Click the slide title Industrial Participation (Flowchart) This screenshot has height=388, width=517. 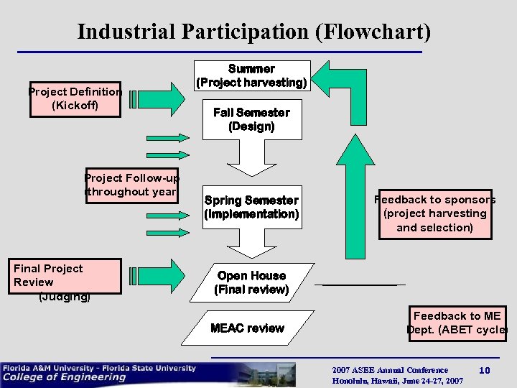point(254,32)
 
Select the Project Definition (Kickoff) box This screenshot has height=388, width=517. point(75,98)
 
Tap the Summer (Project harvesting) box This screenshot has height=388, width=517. point(251,75)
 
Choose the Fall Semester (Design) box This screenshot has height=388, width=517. point(251,119)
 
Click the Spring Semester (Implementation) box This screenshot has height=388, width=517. point(251,207)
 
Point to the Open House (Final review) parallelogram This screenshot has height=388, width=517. point(251,282)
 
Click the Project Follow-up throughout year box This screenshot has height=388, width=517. point(131,185)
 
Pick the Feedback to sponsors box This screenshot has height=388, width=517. point(434,213)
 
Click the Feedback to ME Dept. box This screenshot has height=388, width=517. point(456,323)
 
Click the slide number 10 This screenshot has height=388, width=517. point(485,370)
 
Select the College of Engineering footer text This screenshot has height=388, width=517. point(65,377)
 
